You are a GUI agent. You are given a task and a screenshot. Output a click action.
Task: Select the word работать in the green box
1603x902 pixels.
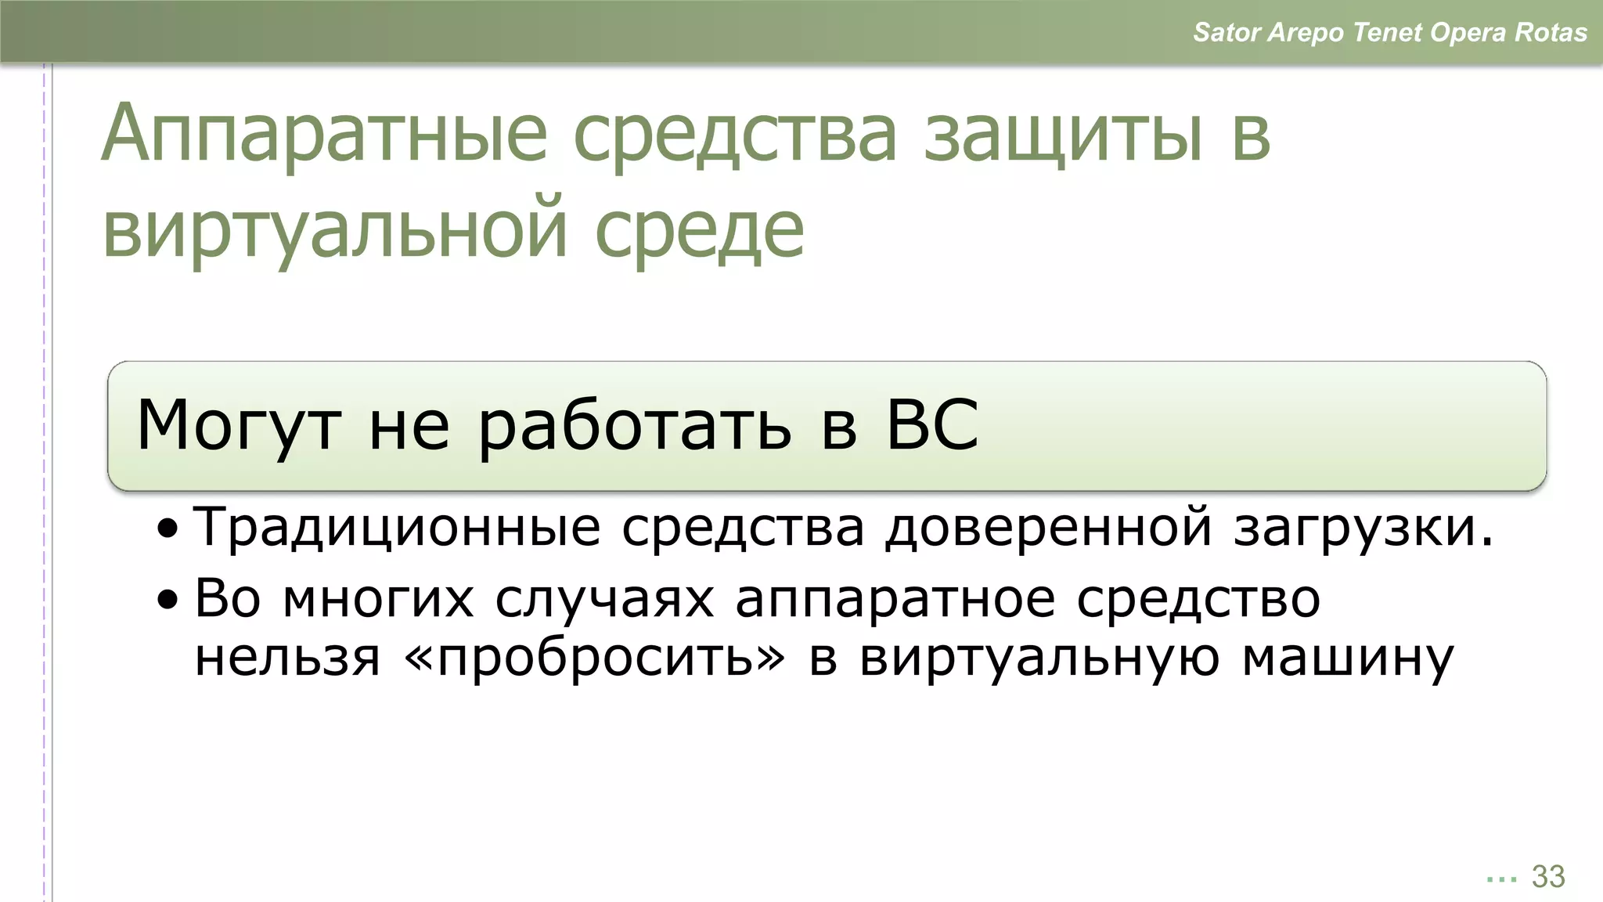coord(634,424)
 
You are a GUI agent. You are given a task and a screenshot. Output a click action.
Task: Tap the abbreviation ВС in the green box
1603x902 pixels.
coord(931,424)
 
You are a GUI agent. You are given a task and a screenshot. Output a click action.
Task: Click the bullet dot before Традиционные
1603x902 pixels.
coord(167,529)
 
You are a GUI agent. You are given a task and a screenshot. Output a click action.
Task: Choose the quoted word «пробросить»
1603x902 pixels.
coord(595,658)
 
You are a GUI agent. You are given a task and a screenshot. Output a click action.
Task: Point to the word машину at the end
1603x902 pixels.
coord(1347,658)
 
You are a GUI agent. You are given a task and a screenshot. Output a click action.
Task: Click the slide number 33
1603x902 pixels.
coord(1547,876)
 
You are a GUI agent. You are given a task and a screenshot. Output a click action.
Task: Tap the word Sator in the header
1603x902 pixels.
coord(1227,33)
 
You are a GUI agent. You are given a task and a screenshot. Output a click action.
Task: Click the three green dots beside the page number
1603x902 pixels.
coord(1501,879)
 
